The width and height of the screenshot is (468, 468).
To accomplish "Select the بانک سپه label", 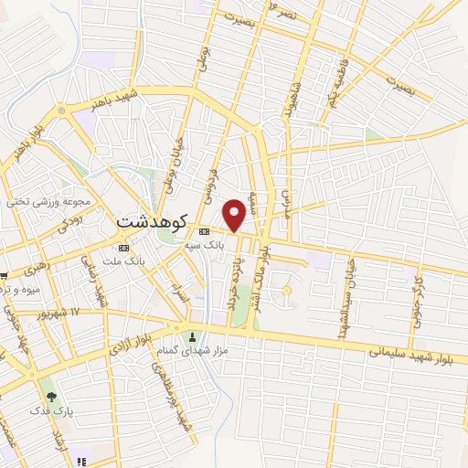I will pyautogui.click(x=205, y=246).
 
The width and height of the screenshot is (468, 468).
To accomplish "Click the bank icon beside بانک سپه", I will pyautogui.click(x=204, y=231).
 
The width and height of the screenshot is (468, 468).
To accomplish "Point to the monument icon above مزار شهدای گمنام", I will pyautogui.click(x=191, y=336).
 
